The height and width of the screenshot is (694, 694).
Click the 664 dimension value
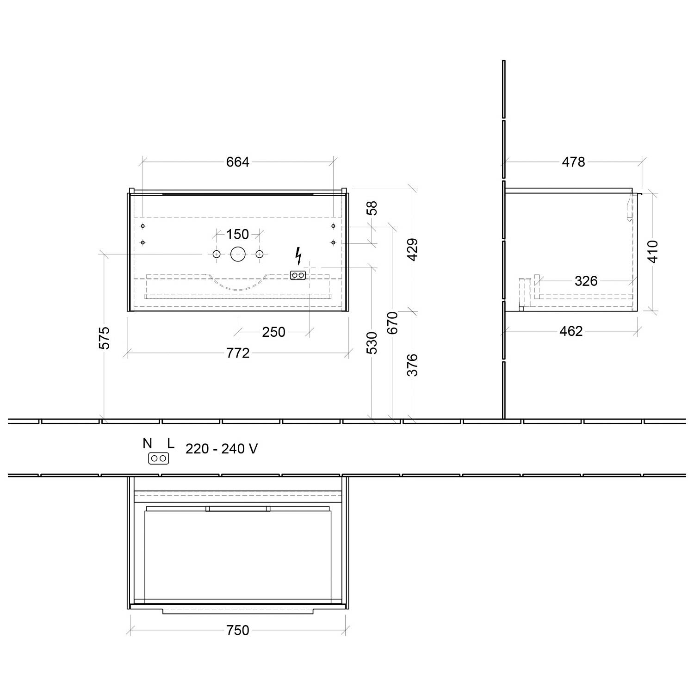coord(238,162)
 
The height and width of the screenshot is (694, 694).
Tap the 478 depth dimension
coord(573,162)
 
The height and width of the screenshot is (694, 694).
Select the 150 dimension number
coord(237,234)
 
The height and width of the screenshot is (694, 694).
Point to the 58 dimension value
coord(372,208)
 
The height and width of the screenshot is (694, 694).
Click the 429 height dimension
coord(412,249)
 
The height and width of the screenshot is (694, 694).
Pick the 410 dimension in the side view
coord(652,252)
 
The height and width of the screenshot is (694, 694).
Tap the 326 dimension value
coord(586,281)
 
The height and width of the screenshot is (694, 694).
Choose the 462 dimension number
coord(571,331)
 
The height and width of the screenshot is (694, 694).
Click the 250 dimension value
coord(273,332)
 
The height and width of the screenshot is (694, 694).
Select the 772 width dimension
coord(238,353)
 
